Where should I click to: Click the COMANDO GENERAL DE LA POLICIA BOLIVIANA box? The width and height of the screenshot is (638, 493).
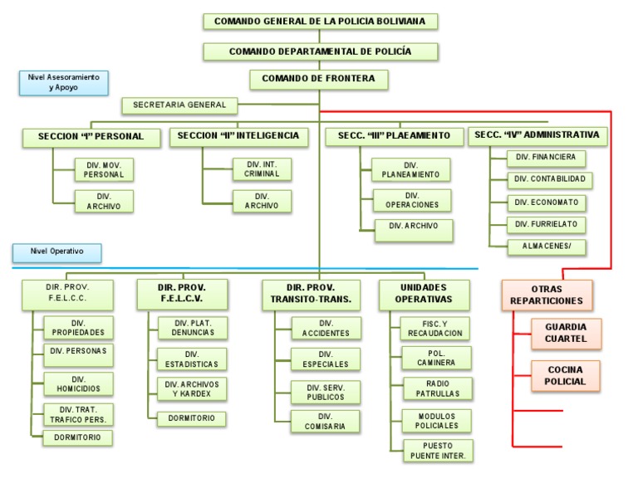(x=320, y=21)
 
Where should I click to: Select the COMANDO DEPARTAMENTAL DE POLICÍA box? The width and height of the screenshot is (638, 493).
(x=320, y=51)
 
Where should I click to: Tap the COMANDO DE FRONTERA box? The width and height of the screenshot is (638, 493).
(x=319, y=79)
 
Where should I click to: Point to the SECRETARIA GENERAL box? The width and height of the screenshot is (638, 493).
(x=179, y=105)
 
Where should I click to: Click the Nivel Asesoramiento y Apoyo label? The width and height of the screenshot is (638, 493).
(x=63, y=82)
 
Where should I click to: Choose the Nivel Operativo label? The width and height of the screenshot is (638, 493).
(x=56, y=251)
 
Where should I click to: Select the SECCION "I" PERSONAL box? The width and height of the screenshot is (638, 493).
(x=91, y=137)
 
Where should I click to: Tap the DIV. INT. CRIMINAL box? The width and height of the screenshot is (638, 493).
(x=262, y=168)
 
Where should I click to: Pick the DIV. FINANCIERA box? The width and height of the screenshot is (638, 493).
(x=547, y=157)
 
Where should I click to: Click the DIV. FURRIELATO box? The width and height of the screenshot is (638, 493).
(x=547, y=224)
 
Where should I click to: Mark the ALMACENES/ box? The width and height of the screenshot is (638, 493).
(x=547, y=247)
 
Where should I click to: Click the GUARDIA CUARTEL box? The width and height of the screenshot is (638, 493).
(x=566, y=333)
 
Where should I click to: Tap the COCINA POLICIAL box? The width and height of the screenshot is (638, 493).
(x=566, y=375)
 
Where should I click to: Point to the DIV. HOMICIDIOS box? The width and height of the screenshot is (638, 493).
(x=78, y=383)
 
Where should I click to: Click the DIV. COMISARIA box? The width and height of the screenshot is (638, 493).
(x=325, y=421)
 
